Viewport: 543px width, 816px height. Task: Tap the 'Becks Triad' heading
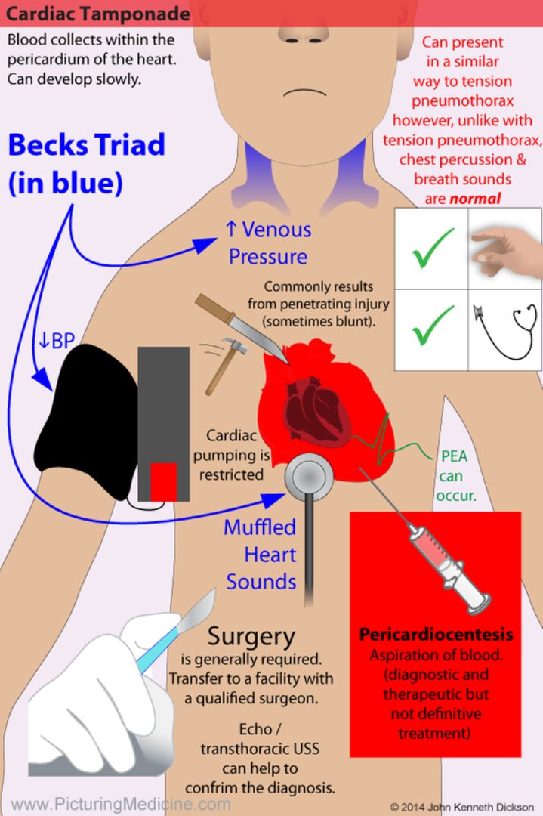tap(87, 145)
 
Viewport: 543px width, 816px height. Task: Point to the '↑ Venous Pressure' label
tap(268, 243)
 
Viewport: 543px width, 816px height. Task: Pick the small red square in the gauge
tap(163, 482)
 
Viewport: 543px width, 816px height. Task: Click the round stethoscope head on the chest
tap(310, 474)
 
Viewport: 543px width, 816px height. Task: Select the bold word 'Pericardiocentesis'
tap(436, 634)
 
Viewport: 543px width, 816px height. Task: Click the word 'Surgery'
tap(251, 636)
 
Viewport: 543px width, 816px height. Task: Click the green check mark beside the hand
tap(433, 250)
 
